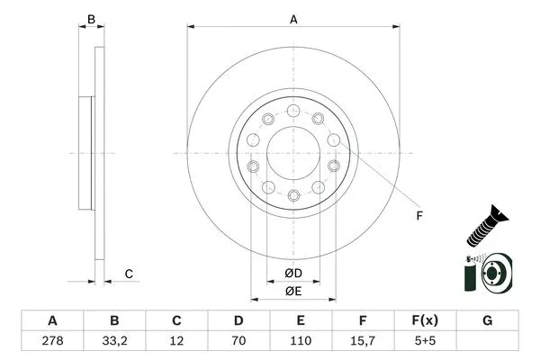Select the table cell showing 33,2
point(114,342)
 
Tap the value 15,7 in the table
point(363,342)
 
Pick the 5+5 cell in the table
point(425,342)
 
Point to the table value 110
point(301,342)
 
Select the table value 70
point(238,342)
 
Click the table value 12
point(176,342)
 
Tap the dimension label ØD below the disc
point(293,273)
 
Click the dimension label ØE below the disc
point(293,291)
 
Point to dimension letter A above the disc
point(293,17)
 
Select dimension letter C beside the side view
point(129,274)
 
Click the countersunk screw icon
point(484,226)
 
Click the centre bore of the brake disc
point(293,152)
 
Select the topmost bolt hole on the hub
point(293,111)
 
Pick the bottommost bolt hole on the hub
point(293,194)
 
